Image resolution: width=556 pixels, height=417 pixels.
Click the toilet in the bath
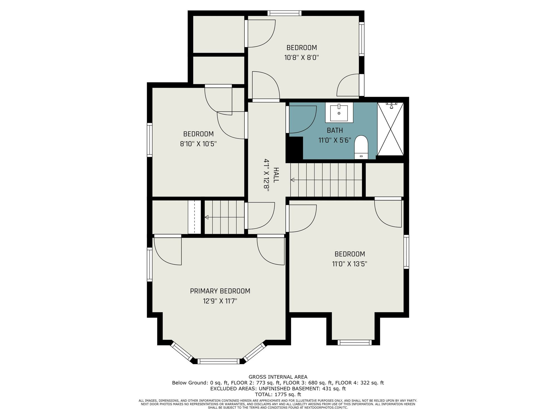[361, 147]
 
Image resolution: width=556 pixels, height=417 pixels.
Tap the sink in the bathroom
[339, 112]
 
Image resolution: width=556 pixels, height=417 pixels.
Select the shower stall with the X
[390, 129]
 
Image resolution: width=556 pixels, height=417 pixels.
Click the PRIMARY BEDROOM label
[220, 291]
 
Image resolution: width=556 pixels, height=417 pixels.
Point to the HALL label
[276, 175]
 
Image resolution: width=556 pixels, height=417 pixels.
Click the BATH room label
[335, 130]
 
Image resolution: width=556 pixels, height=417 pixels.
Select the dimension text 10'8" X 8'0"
[301, 58]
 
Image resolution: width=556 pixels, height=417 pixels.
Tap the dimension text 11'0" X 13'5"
[350, 264]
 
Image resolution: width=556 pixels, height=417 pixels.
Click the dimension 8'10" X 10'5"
[198, 144]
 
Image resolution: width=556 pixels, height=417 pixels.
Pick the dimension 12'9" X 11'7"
[220, 301]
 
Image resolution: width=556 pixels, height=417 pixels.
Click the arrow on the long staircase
[326, 180]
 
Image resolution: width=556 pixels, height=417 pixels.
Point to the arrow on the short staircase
[225, 217]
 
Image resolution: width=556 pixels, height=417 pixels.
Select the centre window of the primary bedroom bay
[218, 361]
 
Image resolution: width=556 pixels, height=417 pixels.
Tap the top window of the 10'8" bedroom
[284, 13]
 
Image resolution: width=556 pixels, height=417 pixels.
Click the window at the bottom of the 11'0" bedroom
[354, 342]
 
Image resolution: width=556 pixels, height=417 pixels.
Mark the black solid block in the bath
[294, 148]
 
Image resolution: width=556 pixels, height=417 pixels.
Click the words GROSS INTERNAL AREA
[278, 377]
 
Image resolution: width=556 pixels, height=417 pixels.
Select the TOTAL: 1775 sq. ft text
[278, 394]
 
